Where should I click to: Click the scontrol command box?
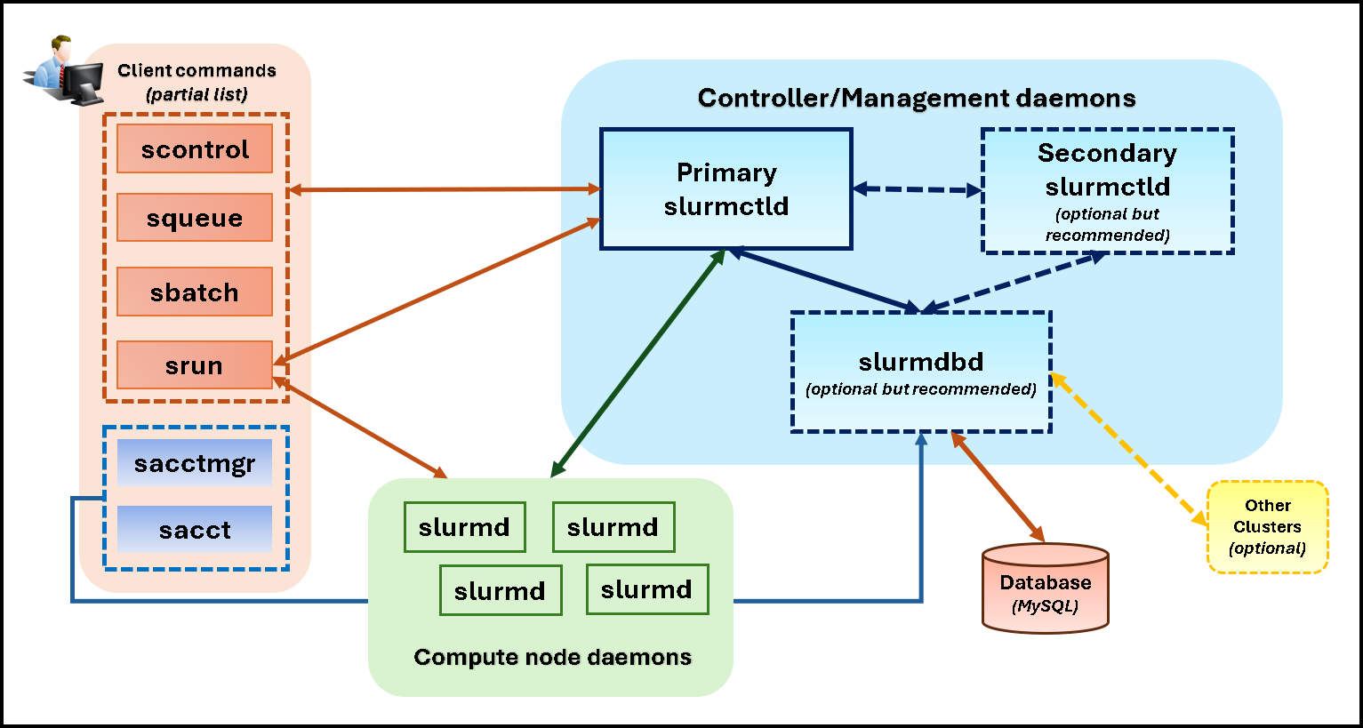click(x=195, y=149)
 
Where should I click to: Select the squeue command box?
click(x=195, y=218)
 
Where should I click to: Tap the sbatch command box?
click(x=195, y=292)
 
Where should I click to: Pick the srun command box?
click(x=195, y=365)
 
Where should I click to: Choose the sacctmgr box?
click(x=195, y=463)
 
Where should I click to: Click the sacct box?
click(x=195, y=530)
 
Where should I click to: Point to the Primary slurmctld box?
click(x=726, y=189)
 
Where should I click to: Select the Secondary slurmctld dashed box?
click(x=1107, y=191)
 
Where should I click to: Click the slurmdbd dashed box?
click(x=921, y=372)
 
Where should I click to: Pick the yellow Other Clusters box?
click(x=1267, y=526)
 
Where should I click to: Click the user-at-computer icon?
click(x=63, y=73)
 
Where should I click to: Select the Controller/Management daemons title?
click(x=917, y=98)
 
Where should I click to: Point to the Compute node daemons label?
click(x=552, y=657)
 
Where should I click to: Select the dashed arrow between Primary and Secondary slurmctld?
click(x=917, y=189)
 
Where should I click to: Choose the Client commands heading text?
click(x=196, y=71)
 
